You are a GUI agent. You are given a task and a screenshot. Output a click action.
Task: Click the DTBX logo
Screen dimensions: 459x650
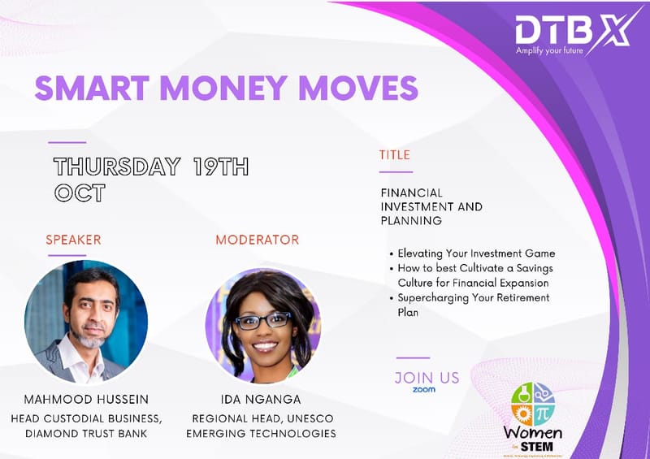pyautogui.click(x=574, y=31)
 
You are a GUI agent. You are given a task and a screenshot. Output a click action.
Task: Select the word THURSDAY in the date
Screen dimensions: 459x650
pyautogui.click(x=117, y=167)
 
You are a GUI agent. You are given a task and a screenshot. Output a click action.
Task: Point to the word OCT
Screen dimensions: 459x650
pyautogui.click(x=80, y=193)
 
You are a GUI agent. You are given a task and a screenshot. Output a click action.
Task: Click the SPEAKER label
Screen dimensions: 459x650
pyautogui.click(x=74, y=240)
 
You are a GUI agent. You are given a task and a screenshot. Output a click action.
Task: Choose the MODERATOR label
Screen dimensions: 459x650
pyautogui.click(x=257, y=240)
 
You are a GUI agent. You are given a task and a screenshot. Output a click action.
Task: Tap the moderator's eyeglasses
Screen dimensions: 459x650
pyautogui.click(x=262, y=320)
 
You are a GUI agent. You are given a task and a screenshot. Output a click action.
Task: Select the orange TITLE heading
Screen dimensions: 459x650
pyautogui.click(x=395, y=154)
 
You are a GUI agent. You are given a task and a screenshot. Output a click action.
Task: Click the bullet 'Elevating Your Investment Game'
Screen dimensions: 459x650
pyautogui.click(x=476, y=253)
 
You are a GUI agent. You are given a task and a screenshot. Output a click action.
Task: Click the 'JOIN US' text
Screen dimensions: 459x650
pyautogui.click(x=427, y=378)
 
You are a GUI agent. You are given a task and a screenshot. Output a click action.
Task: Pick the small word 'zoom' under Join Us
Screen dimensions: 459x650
pyautogui.click(x=423, y=390)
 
